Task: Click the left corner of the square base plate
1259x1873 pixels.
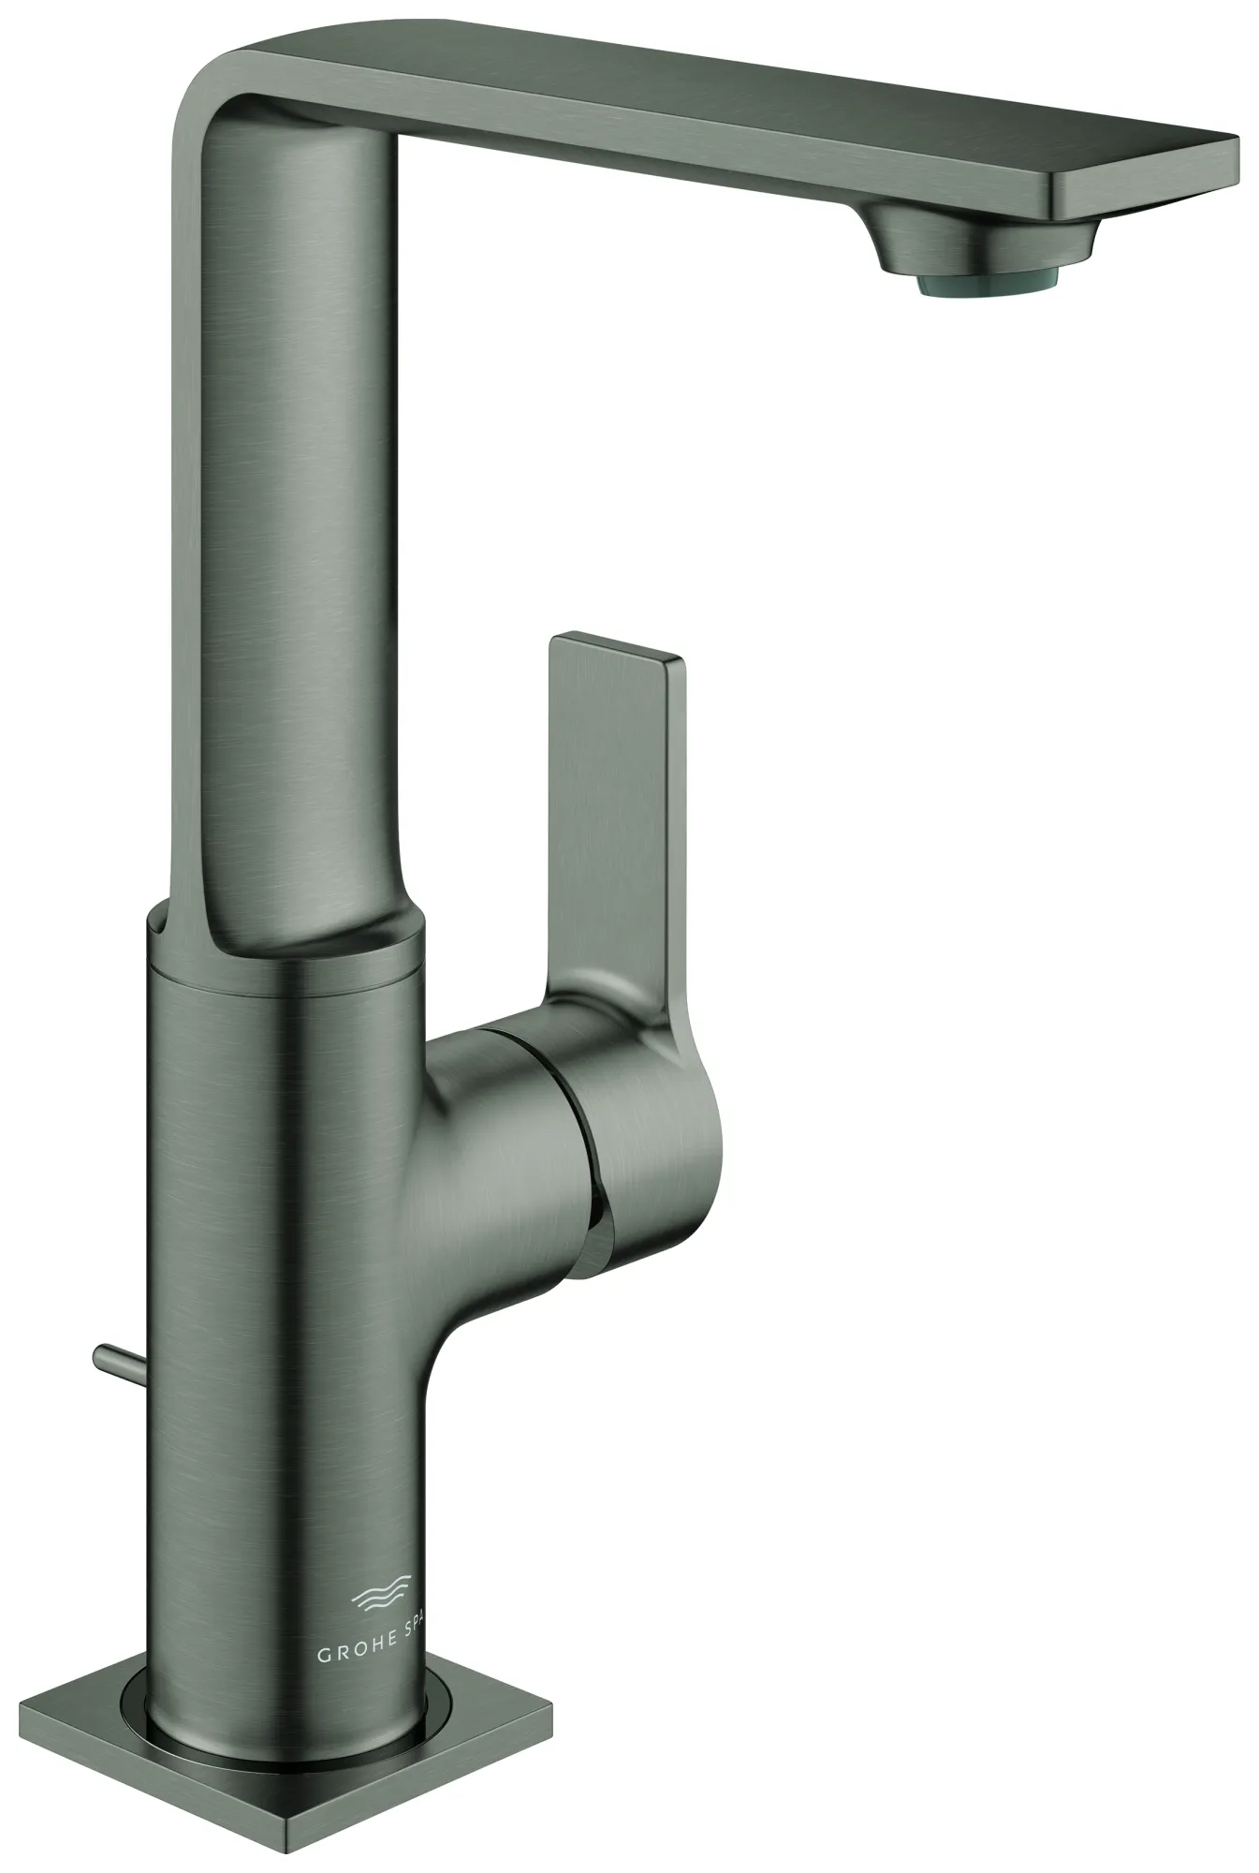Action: point(28,1703)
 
